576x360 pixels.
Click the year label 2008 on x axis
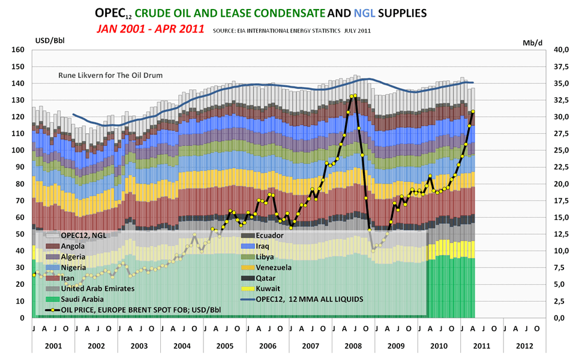[353, 346]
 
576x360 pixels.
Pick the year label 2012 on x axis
[523, 346]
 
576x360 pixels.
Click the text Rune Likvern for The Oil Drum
[110, 76]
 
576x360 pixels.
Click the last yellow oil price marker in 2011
[473, 112]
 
